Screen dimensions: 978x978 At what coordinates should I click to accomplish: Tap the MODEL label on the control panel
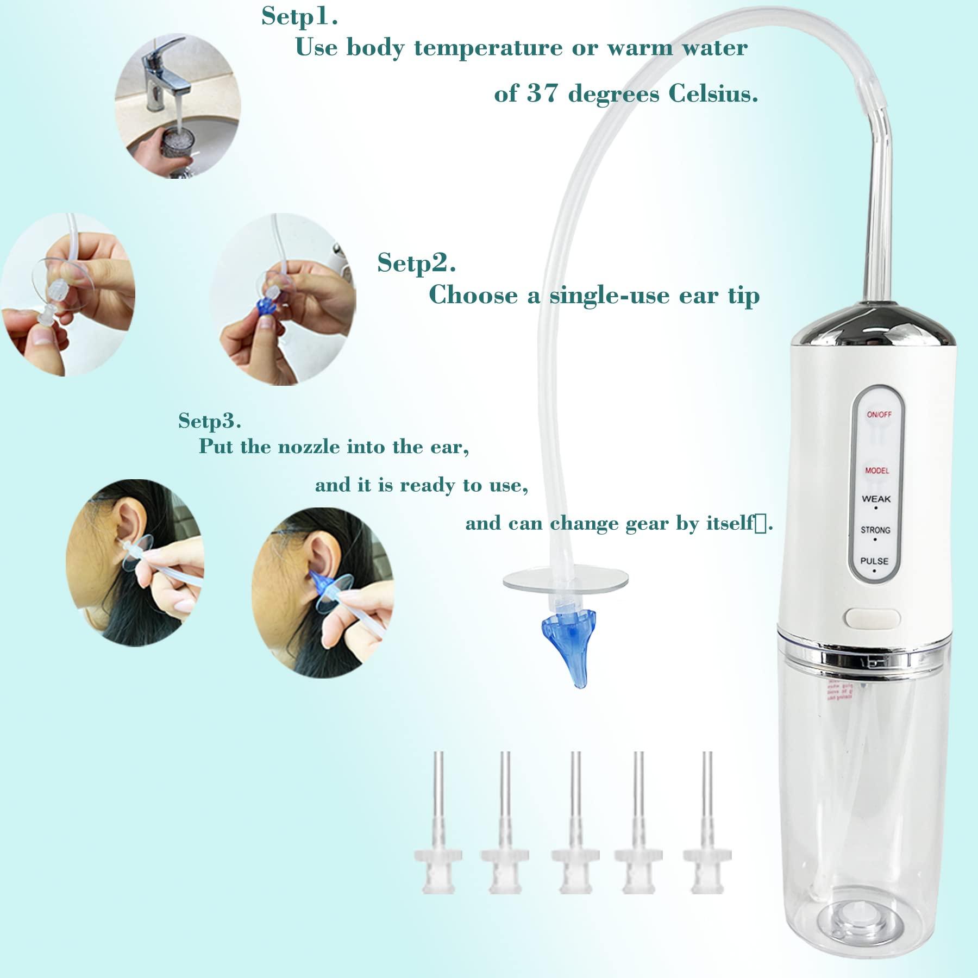tap(877, 471)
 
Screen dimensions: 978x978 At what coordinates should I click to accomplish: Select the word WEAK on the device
tap(876, 499)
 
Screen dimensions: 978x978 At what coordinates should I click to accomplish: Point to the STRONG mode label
tap(875, 530)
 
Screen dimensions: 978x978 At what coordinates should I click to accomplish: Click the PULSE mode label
tap(874, 561)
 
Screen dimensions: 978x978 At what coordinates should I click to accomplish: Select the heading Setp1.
tap(299, 16)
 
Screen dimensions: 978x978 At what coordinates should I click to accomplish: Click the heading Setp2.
tap(416, 263)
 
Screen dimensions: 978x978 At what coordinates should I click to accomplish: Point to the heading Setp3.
tap(210, 420)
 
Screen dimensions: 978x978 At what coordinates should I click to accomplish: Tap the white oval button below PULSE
tap(873, 618)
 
